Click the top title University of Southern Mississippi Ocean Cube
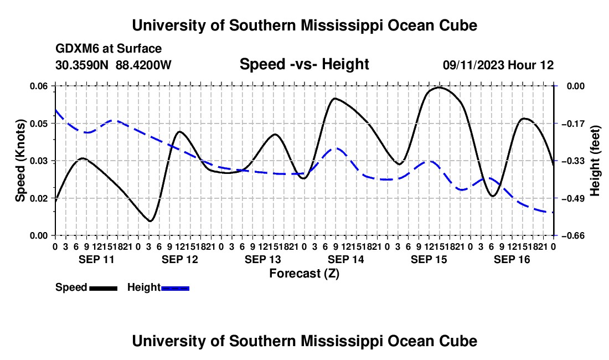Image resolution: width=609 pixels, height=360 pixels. (x=304, y=25)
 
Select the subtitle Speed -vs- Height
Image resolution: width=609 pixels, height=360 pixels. (x=304, y=64)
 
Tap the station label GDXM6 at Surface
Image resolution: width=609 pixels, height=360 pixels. (x=109, y=49)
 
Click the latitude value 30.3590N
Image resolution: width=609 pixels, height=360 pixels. (x=82, y=65)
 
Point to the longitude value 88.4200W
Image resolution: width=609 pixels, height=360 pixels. (x=143, y=65)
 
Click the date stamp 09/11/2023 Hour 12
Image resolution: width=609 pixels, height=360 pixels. (x=498, y=65)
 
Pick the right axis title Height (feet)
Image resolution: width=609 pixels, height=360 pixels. (x=595, y=161)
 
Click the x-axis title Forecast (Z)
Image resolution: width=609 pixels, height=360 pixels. (x=304, y=274)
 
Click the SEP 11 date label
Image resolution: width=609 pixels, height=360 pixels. (x=97, y=259)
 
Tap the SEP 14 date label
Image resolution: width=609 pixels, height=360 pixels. (x=346, y=259)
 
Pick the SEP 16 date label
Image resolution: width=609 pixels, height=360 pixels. (x=512, y=259)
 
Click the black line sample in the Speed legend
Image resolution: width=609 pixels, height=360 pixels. (x=104, y=288)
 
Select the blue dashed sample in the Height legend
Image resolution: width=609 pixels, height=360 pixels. (x=175, y=288)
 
